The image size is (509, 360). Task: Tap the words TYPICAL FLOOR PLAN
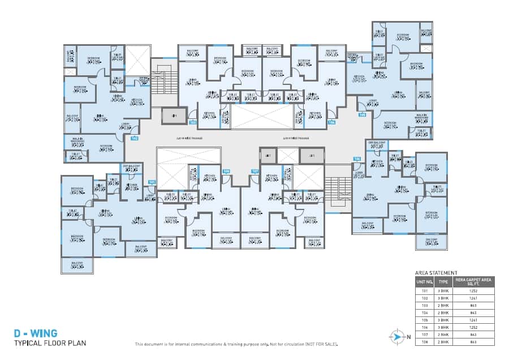(x=50, y=343)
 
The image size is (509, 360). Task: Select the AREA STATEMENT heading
(x=436, y=273)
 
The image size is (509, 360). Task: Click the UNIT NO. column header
(x=425, y=281)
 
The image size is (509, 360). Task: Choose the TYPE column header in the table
(x=444, y=281)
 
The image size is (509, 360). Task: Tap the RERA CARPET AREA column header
(x=474, y=281)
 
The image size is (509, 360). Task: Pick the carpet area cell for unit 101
(x=474, y=290)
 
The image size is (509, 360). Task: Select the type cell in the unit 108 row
(x=444, y=342)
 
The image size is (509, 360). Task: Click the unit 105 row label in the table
(x=425, y=320)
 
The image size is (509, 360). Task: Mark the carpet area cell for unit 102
(x=474, y=297)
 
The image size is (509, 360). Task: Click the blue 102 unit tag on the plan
(x=135, y=138)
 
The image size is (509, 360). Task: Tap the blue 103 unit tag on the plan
(x=192, y=122)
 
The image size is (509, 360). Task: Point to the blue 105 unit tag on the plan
(x=362, y=115)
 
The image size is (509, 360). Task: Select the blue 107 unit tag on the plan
(x=255, y=170)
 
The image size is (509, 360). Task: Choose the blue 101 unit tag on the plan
(x=152, y=182)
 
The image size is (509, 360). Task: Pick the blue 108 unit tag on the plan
(x=226, y=170)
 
